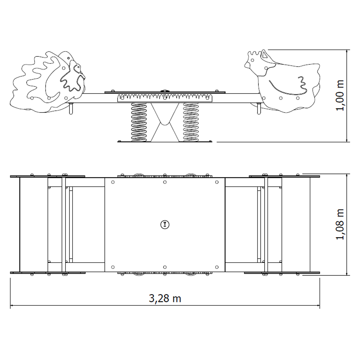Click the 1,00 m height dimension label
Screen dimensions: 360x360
click(x=340, y=95)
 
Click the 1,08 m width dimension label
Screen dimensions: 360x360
click(x=340, y=224)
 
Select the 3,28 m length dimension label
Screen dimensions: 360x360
click(x=165, y=298)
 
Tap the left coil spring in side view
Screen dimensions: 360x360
click(x=139, y=122)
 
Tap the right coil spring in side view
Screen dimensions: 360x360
click(x=191, y=122)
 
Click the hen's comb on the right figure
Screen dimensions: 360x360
click(x=255, y=53)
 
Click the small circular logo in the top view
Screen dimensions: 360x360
click(x=165, y=224)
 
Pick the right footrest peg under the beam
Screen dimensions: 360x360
click(x=259, y=109)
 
